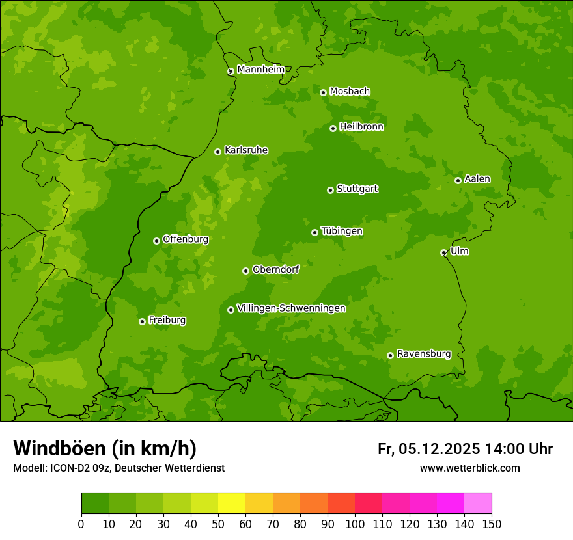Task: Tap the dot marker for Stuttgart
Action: [x=330, y=190]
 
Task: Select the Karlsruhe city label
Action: [x=245, y=150]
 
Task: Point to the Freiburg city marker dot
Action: [x=142, y=321]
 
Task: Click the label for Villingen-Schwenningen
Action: [x=291, y=308]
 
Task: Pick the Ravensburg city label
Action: [x=423, y=354]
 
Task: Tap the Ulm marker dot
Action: [x=443, y=252]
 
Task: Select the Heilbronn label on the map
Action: [x=361, y=127]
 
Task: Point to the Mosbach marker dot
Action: [x=323, y=92]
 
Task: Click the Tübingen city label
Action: [x=341, y=231]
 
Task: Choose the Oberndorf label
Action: [x=275, y=269]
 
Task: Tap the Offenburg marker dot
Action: [x=156, y=241]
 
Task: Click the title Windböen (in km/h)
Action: [x=105, y=448]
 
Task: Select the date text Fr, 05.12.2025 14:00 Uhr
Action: [x=465, y=449]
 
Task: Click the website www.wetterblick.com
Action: [x=469, y=468]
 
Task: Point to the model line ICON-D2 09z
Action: [x=119, y=468]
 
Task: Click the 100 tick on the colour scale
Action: [x=355, y=524]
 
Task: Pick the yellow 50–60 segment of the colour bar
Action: [x=232, y=504]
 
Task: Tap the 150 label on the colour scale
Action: [x=492, y=524]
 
